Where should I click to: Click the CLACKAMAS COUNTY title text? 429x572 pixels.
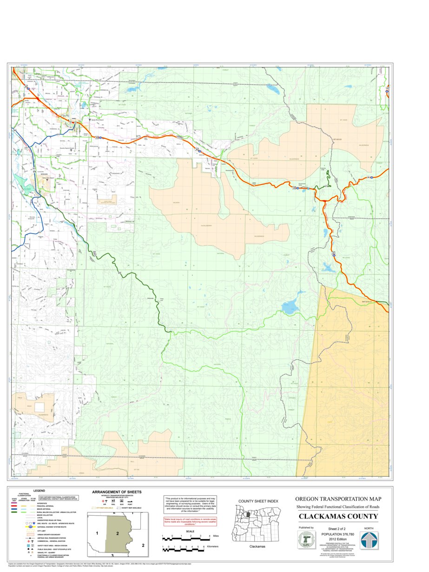point(338,517)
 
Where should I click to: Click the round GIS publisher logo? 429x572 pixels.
point(306,540)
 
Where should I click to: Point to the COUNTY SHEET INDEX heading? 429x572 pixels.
point(258,501)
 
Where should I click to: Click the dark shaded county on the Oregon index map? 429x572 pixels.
point(249,515)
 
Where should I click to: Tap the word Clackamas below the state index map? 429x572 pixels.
point(257,546)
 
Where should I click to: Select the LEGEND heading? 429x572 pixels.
point(39,491)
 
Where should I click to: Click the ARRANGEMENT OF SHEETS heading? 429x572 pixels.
point(117,492)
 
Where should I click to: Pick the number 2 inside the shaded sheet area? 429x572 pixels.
point(118,533)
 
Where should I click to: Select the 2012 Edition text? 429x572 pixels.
point(338,539)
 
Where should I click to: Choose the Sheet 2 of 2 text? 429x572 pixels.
point(338,530)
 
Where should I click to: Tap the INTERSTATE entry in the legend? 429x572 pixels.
point(42,504)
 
